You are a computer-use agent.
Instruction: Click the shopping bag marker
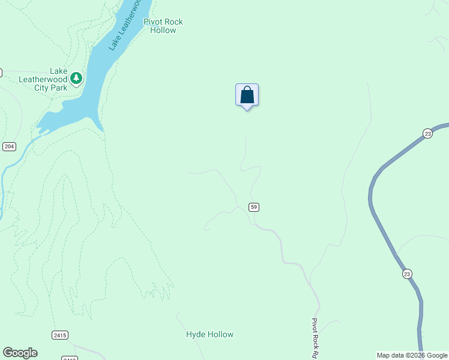[x=247, y=95]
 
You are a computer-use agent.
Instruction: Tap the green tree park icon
[x=76, y=78]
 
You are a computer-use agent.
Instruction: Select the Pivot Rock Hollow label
[x=163, y=26]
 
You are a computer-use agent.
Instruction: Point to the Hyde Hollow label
[x=209, y=334]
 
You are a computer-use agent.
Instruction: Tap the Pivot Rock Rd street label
[x=314, y=338]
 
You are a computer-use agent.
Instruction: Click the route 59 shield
[x=255, y=207]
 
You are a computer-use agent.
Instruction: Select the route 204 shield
[x=9, y=146]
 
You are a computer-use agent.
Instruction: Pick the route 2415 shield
[x=59, y=335]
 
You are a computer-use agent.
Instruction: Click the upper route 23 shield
[x=427, y=133]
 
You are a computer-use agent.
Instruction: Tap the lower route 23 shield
[x=407, y=274]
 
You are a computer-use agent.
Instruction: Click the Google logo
[x=20, y=353]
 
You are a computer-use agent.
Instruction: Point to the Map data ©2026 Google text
[x=412, y=356]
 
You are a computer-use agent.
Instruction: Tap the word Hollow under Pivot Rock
[x=163, y=30]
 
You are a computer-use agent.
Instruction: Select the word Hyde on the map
[x=196, y=334]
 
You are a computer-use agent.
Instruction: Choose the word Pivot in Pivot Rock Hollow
[x=153, y=22]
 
